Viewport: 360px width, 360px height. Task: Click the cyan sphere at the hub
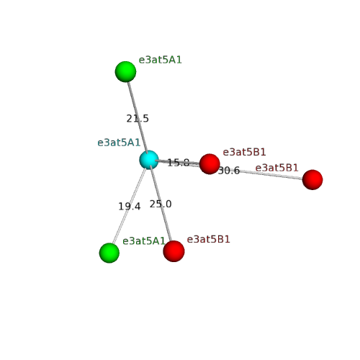point(149,160)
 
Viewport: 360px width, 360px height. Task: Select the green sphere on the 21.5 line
point(125,71)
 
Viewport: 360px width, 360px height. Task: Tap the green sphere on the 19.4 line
point(109,253)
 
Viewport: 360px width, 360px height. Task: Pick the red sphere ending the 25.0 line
point(174,251)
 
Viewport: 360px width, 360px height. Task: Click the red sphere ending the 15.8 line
point(210,164)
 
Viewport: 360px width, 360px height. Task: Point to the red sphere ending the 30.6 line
point(312,179)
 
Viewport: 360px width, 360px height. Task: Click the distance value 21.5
point(138,119)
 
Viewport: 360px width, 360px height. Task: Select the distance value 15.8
point(179,163)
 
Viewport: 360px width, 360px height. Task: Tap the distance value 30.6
point(229,171)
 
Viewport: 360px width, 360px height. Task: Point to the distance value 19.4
point(130,207)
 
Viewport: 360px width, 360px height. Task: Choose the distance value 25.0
point(161,204)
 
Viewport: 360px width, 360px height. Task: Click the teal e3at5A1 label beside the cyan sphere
point(119,143)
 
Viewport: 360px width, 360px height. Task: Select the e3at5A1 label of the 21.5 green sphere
point(161,60)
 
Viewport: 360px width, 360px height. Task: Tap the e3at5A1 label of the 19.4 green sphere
point(144,241)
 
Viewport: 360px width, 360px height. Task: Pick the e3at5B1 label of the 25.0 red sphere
point(208,239)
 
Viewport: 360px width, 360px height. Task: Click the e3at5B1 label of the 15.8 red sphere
point(244,152)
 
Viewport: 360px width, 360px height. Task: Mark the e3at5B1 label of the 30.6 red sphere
point(276,168)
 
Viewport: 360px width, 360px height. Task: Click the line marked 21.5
point(138,117)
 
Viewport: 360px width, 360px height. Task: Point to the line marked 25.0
point(161,204)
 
